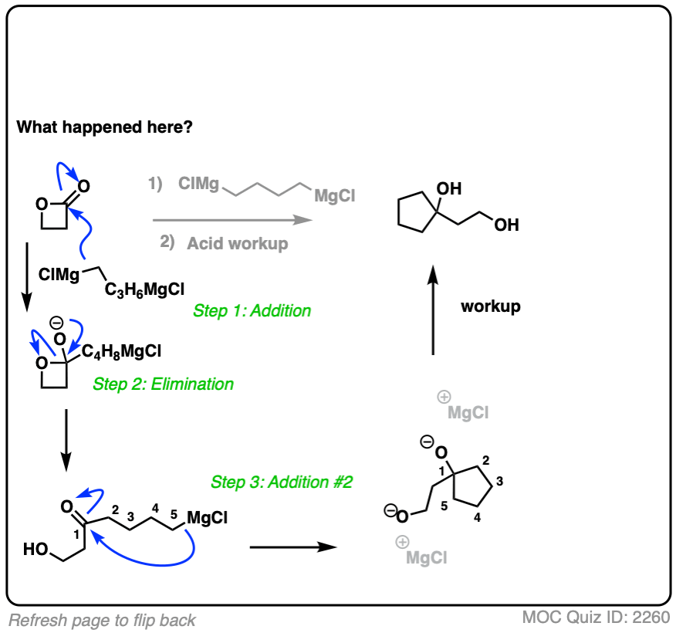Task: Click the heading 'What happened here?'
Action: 105,127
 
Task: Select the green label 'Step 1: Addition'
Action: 252,311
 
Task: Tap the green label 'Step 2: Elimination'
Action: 163,384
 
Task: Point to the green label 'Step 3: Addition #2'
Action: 282,482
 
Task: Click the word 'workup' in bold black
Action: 491,306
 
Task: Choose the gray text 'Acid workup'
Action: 237,243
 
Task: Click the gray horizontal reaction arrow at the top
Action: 232,220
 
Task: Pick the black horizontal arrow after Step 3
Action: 294,547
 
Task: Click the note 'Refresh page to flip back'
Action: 103,620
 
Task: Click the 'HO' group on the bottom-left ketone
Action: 34,550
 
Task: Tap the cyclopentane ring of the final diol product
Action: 417,211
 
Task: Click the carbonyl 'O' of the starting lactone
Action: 83,185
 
